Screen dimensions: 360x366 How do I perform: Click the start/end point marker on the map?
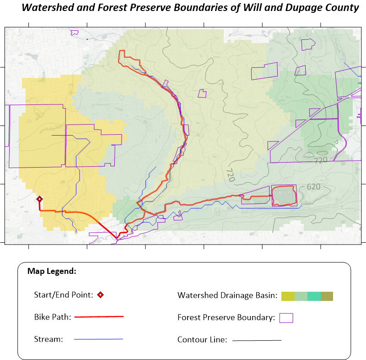pyautogui.click(x=40, y=199)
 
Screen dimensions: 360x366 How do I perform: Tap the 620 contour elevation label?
pyautogui.click(x=313, y=187)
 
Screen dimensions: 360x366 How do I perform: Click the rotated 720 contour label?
pyautogui.click(x=230, y=175)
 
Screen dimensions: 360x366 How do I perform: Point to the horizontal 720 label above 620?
pyautogui.click(x=321, y=160)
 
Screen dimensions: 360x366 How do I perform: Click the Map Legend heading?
pyautogui.click(x=52, y=271)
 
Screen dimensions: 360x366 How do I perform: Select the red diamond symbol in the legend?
pyautogui.click(x=100, y=295)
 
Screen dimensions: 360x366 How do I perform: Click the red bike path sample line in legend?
pyautogui.click(x=99, y=316)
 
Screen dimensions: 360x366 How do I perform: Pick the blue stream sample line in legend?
pyautogui.click(x=98, y=339)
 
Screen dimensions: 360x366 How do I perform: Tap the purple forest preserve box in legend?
pyautogui.click(x=286, y=317)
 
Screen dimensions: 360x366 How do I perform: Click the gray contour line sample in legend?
pyautogui.click(x=257, y=340)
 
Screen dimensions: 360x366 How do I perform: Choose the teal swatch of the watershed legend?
pyautogui.click(x=314, y=296)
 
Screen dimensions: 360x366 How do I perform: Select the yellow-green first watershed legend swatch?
pyautogui.click(x=288, y=296)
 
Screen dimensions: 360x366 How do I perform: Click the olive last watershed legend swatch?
pyautogui.click(x=327, y=296)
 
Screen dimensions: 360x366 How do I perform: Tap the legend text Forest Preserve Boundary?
pyautogui.click(x=226, y=317)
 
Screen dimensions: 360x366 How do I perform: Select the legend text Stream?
pyautogui.click(x=48, y=339)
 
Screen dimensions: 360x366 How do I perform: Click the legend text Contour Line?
pyautogui.click(x=202, y=340)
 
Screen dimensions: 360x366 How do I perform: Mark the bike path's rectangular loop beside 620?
pyautogui.click(x=284, y=196)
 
